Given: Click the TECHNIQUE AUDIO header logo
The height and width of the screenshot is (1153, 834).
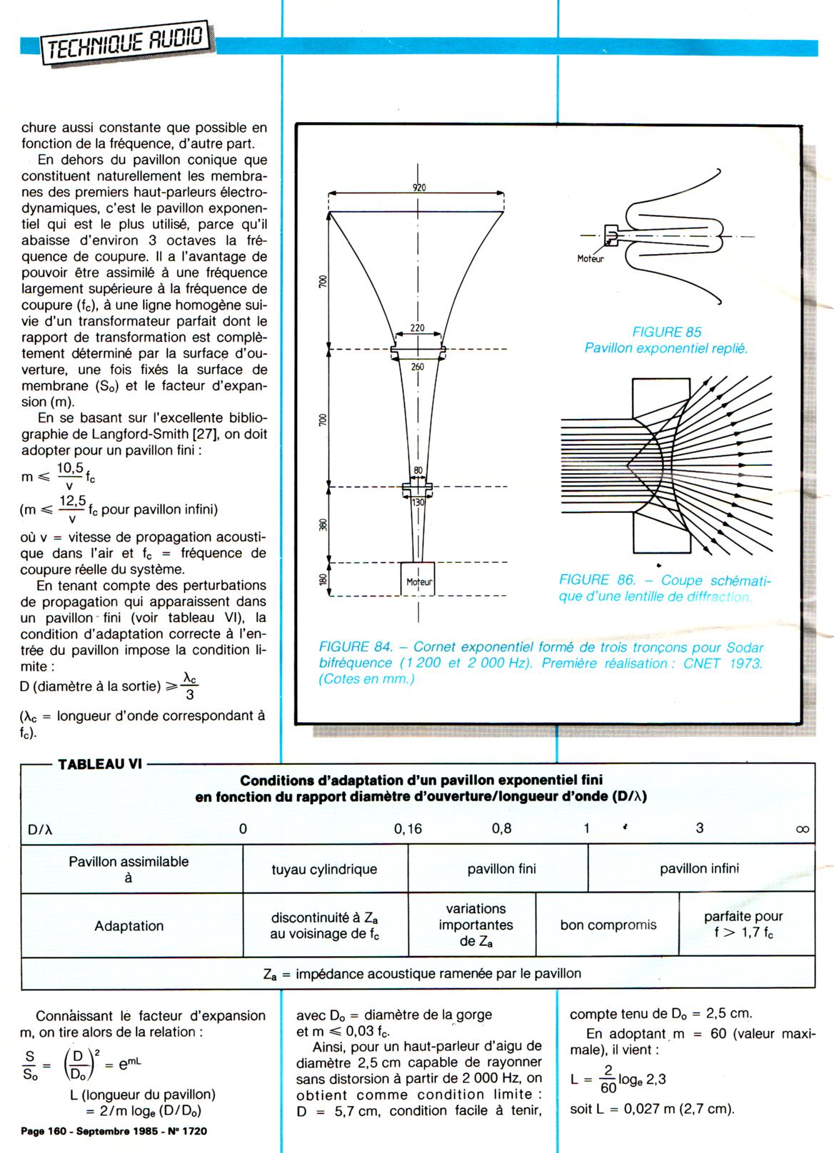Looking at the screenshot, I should click(x=127, y=43).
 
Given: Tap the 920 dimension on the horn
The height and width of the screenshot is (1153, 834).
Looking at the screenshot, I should click(x=419, y=188).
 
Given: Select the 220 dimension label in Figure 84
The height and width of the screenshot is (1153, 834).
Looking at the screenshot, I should click(x=417, y=329).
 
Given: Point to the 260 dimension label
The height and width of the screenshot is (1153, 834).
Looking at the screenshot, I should click(x=417, y=367).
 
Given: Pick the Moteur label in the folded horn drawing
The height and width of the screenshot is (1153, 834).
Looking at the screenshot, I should click(x=591, y=259).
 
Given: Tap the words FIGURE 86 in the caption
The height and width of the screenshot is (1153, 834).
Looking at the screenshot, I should click(x=595, y=580).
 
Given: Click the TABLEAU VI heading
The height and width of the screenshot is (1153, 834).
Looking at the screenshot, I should click(x=99, y=763).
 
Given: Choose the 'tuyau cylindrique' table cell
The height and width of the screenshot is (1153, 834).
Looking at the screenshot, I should click(x=324, y=869).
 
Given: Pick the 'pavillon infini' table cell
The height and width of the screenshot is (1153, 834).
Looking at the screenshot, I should click(x=699, y=868).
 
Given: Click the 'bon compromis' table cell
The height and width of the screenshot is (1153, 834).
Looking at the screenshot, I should click(x=608, y=925).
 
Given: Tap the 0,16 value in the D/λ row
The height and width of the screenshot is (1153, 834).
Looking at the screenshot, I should click(x=408, y=829).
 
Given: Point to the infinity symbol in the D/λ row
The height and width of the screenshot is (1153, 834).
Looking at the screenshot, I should click(x=802, y=829).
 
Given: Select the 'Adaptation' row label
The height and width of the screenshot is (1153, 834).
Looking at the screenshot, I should click(x=129, y=926).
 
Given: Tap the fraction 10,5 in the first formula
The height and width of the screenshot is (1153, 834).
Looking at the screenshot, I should click(x=70, y=468).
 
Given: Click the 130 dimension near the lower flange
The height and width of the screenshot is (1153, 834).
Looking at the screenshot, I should click(x=418, y=502).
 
